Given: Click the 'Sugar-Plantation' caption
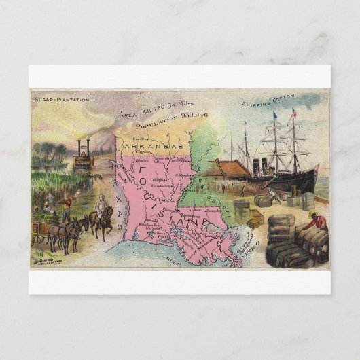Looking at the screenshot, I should point(62,100).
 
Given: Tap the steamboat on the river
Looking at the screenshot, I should point(83,158).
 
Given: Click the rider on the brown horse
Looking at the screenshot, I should point(103,206).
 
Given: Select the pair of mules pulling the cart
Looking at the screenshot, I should point(68,231).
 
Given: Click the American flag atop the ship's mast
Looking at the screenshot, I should point(294,111).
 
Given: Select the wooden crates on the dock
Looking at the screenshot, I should point(254,217).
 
